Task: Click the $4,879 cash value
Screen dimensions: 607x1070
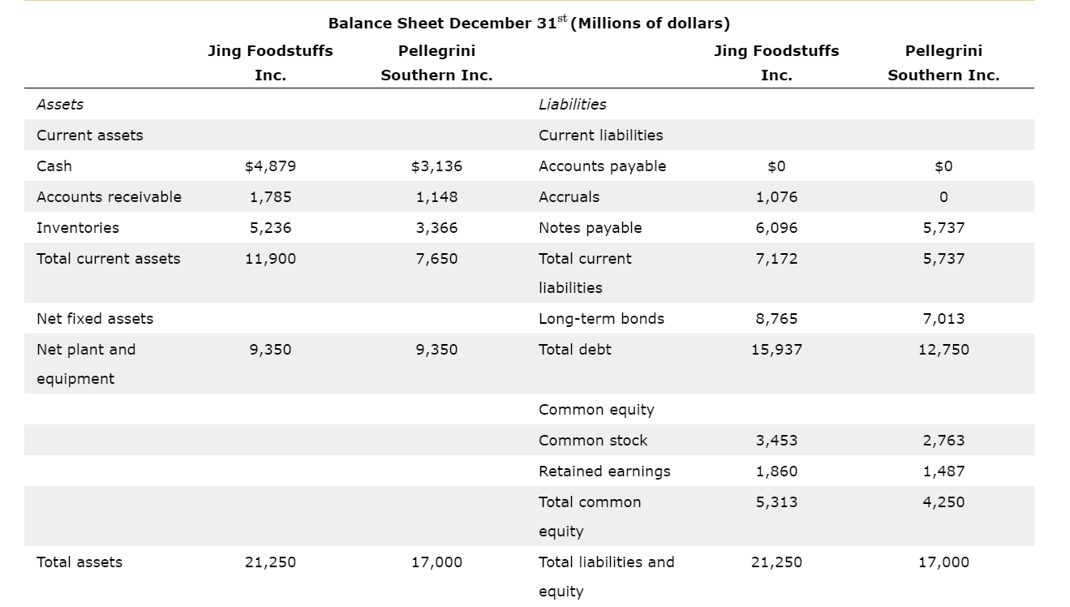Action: click(x=270, y=166)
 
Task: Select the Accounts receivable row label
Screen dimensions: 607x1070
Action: click(x=109, y=197)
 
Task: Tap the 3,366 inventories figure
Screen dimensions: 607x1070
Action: click(x=436, y=228)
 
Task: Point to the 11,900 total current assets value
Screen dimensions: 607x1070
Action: click(x=270, y=259)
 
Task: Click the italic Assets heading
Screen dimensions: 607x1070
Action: click(x=60, y=105)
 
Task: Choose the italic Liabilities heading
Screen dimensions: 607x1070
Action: click(x=572, y=105)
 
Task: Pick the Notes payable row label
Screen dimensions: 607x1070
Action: click(x=590, y=228)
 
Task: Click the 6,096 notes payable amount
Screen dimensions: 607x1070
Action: click(x=776, y=228)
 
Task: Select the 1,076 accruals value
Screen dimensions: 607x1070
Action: click(x=776, y=197)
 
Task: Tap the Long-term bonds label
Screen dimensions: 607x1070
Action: click(x=601, y=319)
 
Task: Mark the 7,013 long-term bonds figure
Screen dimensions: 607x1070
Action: click(x=943, y=319)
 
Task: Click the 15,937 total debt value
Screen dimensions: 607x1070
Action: click(x=776, y=350)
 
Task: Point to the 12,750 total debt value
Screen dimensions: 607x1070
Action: click(x=943, y=350)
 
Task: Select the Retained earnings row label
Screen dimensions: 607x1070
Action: click(x=604, y=471)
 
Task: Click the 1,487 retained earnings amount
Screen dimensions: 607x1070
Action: click(x=943, y=471)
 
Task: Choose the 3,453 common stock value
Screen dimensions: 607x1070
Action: click(x=776, y=441)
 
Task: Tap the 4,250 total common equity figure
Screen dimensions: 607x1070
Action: click(x=943, y=502)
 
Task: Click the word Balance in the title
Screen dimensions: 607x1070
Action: click(x=359, y=24)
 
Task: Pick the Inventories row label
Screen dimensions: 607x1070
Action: click(x=78, y=228)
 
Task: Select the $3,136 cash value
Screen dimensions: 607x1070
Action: click(x=436, y=166)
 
